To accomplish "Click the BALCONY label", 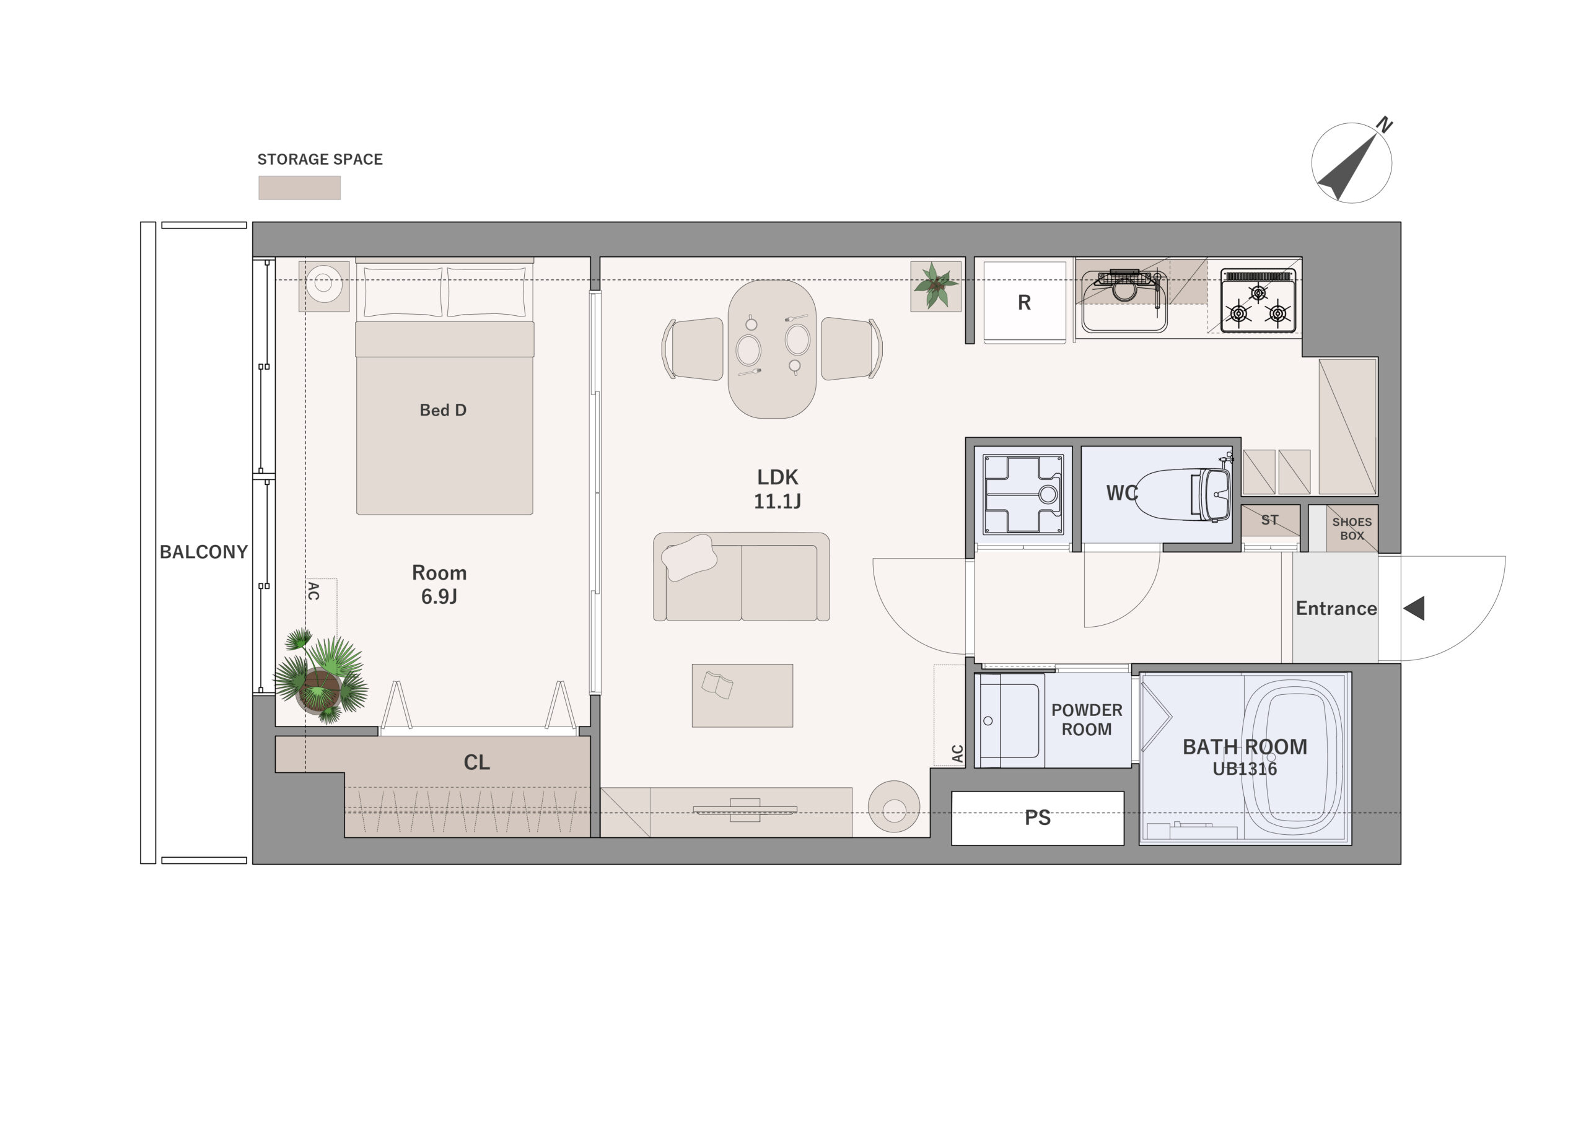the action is click(204, 552).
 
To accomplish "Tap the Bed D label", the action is click(444, 410).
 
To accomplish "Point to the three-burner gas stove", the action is click(1258, 300).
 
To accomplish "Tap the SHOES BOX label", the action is click(1352, 529).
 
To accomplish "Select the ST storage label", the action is click(1269, 520).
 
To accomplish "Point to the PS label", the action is click(1038, 818).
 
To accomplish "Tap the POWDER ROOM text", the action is click(1087, 720).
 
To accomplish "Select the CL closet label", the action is click(476, 762).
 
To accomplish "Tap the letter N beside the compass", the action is click(1384, 125).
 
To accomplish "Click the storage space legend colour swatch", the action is click(300, 188).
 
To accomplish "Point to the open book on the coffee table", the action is click(717, 684).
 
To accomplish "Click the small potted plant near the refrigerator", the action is click(935, 286).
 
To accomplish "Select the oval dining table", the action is click(773, 349).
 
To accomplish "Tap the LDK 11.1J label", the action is click(777, 489).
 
